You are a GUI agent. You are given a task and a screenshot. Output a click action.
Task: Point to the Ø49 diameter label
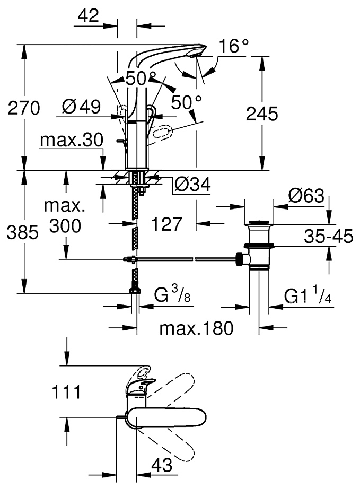click(81, 107)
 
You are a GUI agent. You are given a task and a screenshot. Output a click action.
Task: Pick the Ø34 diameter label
click(192, 185)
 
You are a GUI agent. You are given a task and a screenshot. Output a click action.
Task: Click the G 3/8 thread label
click(170, 295)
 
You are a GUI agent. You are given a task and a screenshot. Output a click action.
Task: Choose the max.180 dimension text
click(196, 329)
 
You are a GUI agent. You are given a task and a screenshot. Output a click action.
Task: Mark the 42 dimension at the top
click(88, 15)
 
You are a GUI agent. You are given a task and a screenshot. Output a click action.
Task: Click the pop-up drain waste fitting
click(259, 245)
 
